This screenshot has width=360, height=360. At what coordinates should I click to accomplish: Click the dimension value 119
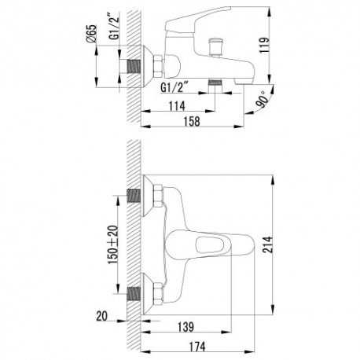tap(264, 46)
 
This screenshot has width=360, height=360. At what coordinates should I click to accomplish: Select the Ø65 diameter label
tap(91, 34)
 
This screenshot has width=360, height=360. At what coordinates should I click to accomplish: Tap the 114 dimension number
tap(177, 106)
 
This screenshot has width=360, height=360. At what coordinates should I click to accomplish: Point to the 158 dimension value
tap(192, 121)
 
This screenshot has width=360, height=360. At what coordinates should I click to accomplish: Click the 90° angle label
tap(263, 99)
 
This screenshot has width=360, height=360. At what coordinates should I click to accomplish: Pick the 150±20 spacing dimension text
tap(113, 244)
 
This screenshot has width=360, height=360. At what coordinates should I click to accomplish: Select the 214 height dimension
tap(268, 244)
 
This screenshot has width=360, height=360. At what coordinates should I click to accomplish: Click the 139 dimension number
tap(186, 327)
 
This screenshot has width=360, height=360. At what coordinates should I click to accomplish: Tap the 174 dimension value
tap(197, 347)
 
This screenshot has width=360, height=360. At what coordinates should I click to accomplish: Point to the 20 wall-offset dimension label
tap(102, 316)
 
